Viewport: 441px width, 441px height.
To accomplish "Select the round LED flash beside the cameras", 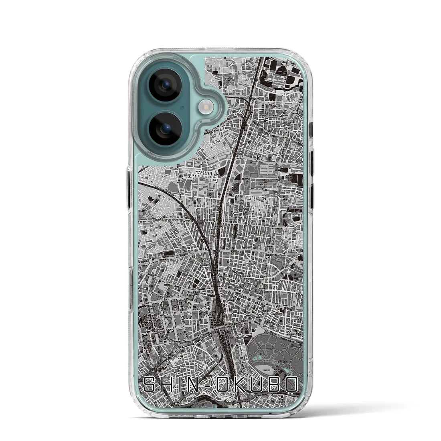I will (207, 106).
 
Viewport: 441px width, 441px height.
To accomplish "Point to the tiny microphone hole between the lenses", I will (182, 107).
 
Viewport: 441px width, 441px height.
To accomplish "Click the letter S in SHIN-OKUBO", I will (149, 385).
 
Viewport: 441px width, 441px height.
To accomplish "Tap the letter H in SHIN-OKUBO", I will (166, 385).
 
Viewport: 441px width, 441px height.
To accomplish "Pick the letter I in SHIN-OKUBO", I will (179, 385).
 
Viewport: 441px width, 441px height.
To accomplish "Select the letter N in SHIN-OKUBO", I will (192, 385).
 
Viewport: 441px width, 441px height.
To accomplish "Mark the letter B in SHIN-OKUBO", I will (275, 385).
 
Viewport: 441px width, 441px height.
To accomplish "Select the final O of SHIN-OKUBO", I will (291, 385).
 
